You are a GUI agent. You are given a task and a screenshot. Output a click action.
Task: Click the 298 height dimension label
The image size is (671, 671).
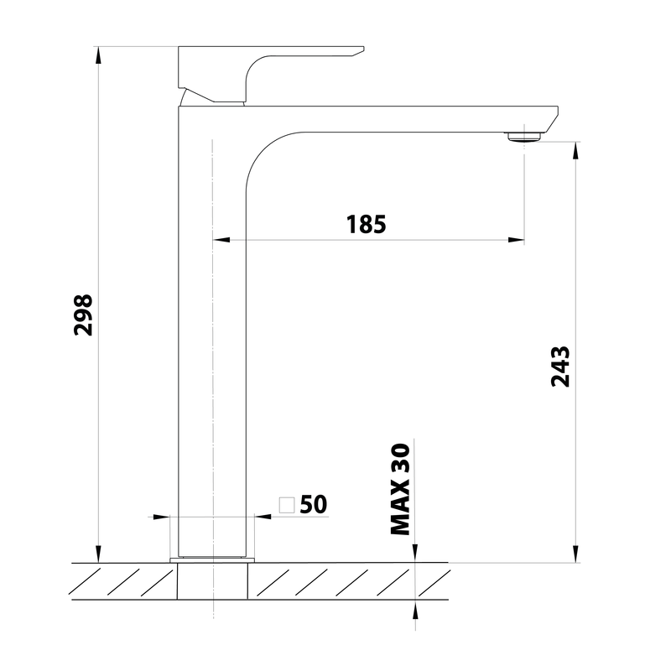83,315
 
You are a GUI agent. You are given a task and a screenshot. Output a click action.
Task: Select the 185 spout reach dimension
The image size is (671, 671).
366,224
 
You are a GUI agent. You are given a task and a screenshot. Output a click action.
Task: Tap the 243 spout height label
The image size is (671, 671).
560,367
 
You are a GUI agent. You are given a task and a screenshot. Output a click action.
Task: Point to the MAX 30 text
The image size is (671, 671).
401,489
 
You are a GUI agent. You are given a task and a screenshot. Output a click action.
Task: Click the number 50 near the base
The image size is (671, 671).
313,505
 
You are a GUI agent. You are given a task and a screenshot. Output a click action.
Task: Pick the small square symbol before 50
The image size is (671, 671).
287,505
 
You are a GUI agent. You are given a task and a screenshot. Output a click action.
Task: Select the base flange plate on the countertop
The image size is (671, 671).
212,560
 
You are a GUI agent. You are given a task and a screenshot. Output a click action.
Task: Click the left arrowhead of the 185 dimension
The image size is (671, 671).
221,240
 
